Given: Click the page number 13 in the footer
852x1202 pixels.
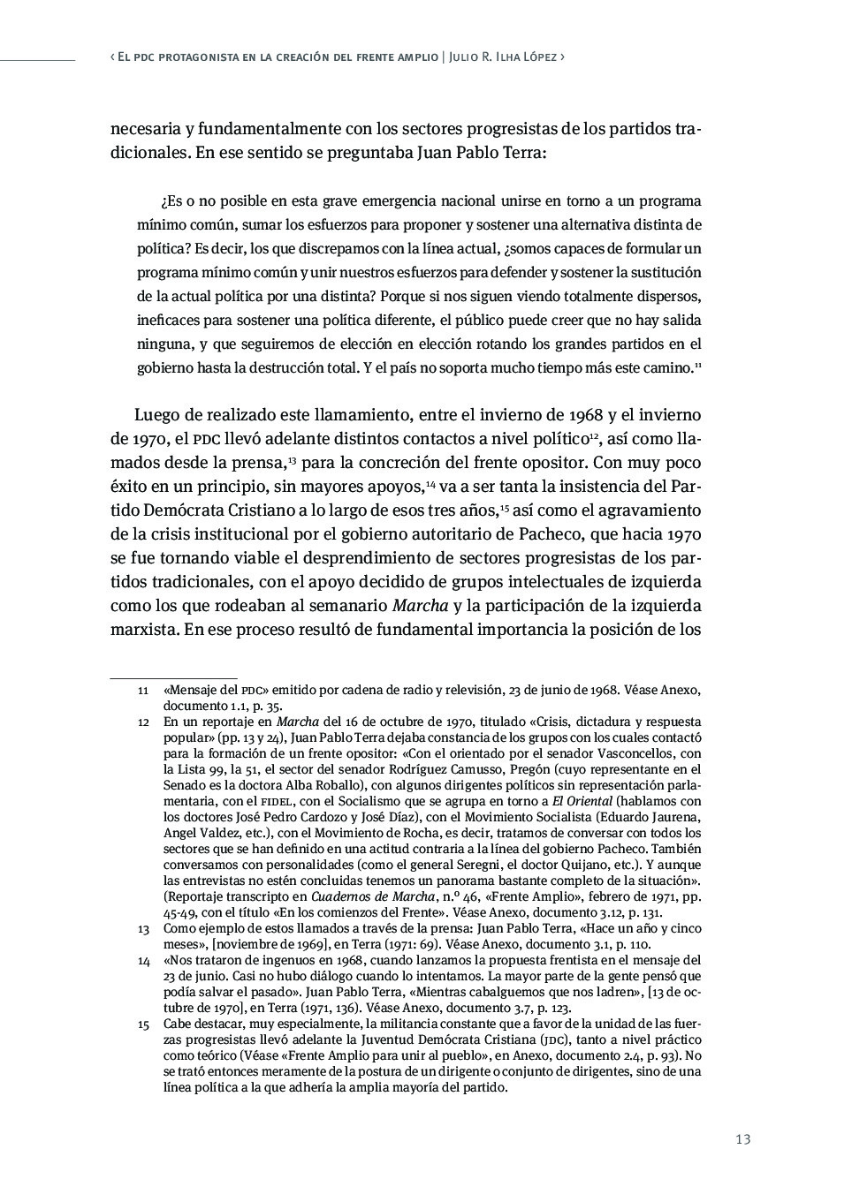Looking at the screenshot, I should (x=742, y=1139).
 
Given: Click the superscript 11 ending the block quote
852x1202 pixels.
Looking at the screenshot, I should (x=698, y=364).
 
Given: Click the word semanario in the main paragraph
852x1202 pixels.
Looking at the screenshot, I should (x=344, y=607).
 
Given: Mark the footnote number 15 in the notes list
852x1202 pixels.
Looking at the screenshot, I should (x=143, y=1024).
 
